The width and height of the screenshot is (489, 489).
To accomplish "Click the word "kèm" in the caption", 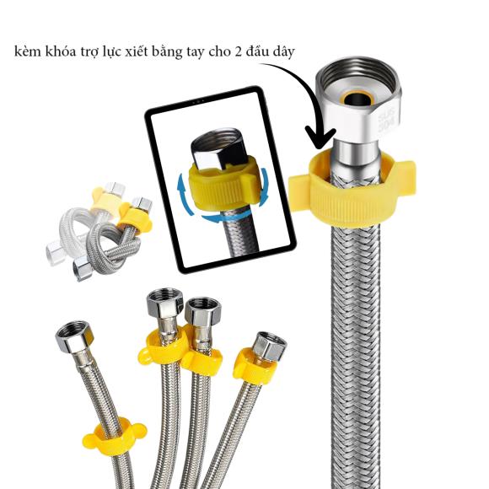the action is tap(28, 51).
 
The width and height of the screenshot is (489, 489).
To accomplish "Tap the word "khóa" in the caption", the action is tap(61, 51).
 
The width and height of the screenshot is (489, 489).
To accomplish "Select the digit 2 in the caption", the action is tap(239, 51).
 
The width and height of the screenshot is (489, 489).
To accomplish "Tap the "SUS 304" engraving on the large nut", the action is tap(386, 120).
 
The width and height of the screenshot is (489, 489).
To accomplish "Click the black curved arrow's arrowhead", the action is tap(320, 137).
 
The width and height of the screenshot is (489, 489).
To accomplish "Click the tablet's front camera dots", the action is tap(198, 102).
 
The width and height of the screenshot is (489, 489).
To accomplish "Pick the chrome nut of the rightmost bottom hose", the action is tap(270, 347).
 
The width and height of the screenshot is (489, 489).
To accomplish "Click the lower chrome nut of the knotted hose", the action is tap(82, 267).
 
